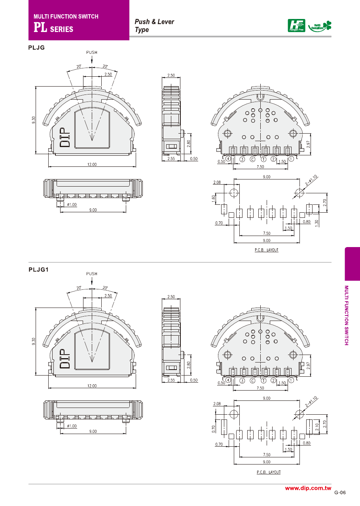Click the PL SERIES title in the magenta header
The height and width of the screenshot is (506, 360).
53,28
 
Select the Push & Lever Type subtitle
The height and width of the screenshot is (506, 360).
154,25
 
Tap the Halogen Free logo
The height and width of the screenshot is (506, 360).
296,26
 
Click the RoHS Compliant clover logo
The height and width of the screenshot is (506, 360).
320,26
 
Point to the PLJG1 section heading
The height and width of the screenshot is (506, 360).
38,270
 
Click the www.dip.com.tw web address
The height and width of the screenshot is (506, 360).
308,488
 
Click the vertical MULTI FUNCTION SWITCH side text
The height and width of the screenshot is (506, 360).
346,315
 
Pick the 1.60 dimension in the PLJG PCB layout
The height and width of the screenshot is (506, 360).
214,198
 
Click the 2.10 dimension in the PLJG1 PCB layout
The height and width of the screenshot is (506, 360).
317,427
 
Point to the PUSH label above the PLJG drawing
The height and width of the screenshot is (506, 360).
92,52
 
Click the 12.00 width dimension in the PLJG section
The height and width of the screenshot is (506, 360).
92,164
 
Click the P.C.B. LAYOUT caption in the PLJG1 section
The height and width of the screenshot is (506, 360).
268,472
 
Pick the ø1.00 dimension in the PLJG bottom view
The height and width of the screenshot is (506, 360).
72,205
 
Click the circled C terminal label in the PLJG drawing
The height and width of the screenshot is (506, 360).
252,159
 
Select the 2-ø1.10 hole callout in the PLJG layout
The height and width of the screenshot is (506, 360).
311,180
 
